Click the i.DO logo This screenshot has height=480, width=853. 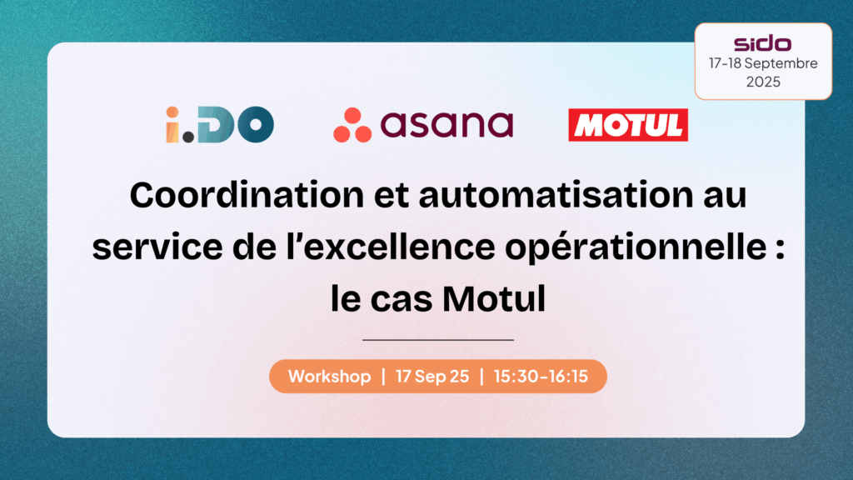click(220, 125)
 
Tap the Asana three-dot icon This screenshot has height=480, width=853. click(352, 125)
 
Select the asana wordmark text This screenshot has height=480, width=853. click(446, 125)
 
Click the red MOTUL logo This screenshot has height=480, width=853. click(628, 125)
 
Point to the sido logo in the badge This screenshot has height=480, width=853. click(763, 43)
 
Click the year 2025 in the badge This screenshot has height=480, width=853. click(763, 82)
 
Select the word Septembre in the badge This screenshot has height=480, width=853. click(781, 63)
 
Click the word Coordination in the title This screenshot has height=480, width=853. click(247, 195)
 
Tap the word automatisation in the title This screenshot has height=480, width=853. click(556, 195)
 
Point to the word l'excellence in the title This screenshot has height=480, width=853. click(391, 247)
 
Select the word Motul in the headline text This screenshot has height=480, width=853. click(493, 299)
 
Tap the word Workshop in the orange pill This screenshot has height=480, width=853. click(329, 376)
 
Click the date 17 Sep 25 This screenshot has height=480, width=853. click(432, 376)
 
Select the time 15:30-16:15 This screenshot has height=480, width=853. click(541, 376)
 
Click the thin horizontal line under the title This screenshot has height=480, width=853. click(438, 340)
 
